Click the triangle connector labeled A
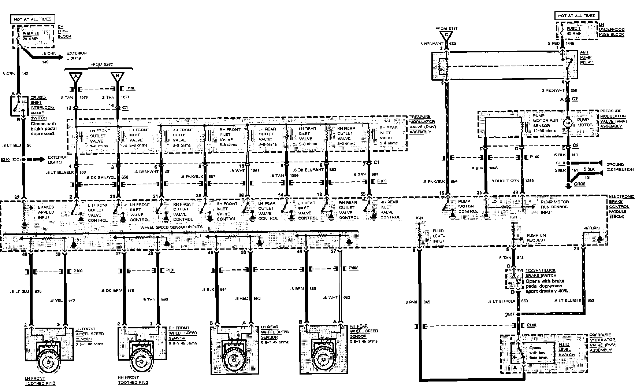(76, 77)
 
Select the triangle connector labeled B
(118, 77)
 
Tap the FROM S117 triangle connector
(446, 36)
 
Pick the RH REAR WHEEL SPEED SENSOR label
(364, 331)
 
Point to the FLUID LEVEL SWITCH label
(567, 350)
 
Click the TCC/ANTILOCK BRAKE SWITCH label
(541, 273)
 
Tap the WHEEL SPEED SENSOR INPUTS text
(171, 227)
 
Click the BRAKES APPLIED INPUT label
(46, 212)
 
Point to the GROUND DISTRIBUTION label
(620, 167)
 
